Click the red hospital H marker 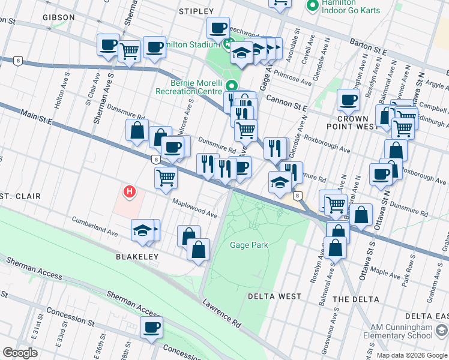[128, 192]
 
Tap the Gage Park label [249, 245]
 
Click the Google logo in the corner [20, 353]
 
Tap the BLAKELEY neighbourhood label [137, 257]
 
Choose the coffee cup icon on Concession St [151, 327]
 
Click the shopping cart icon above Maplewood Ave [166, 177]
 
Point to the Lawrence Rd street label [221, 314]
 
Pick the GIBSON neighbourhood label [59, 17]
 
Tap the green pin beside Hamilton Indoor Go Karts [312, 6]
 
